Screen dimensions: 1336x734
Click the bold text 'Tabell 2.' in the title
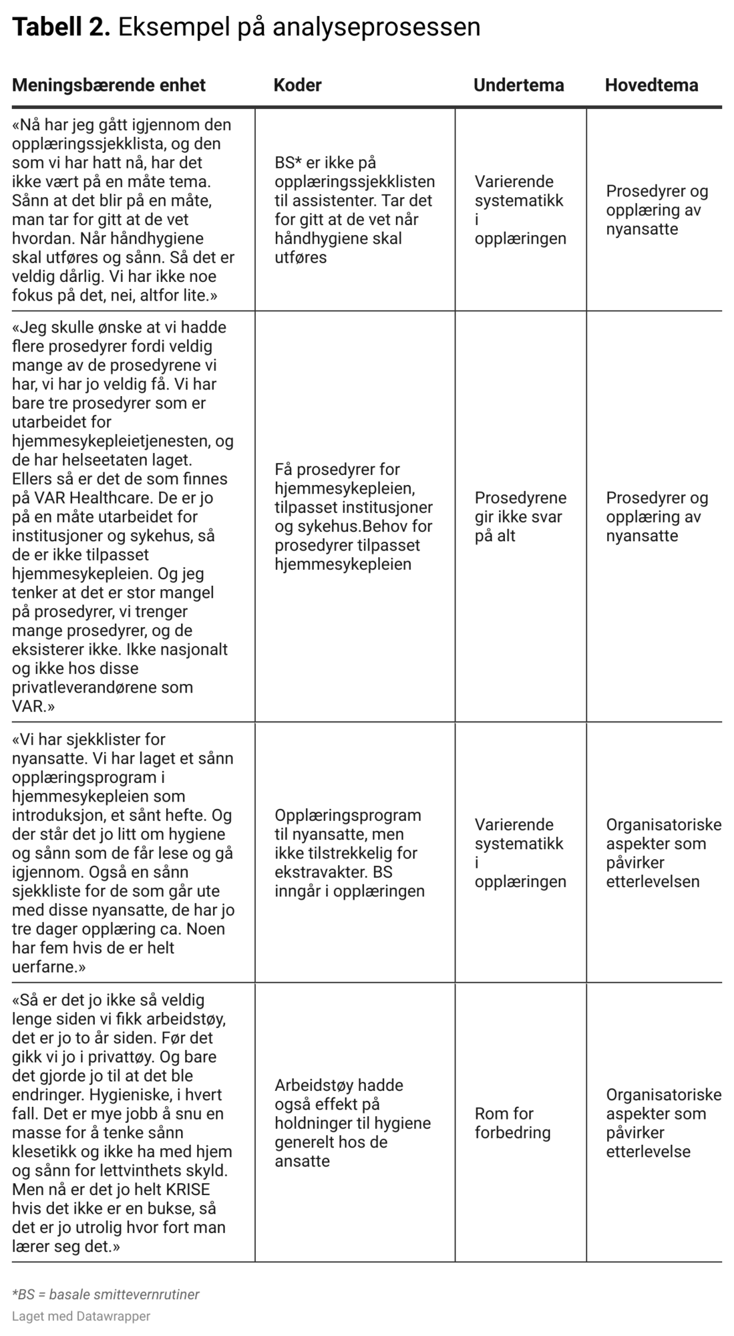click(61, 27)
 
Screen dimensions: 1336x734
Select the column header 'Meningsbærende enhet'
click(109, 85)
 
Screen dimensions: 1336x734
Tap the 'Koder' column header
click(297, 85)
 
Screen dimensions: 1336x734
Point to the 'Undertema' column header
click(518, 85)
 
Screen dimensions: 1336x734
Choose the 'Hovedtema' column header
click(651, 85)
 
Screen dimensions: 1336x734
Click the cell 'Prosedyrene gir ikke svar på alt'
click(520, 516)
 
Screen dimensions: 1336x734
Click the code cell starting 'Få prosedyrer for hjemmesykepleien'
click(353, 516)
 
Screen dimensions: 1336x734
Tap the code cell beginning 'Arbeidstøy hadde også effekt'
click(352, 1122)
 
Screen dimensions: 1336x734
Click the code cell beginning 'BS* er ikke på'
click(354, 210)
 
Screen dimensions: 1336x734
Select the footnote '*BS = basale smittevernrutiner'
click(106, 1294)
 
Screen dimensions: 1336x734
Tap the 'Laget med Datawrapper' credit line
click(81, 1316)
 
